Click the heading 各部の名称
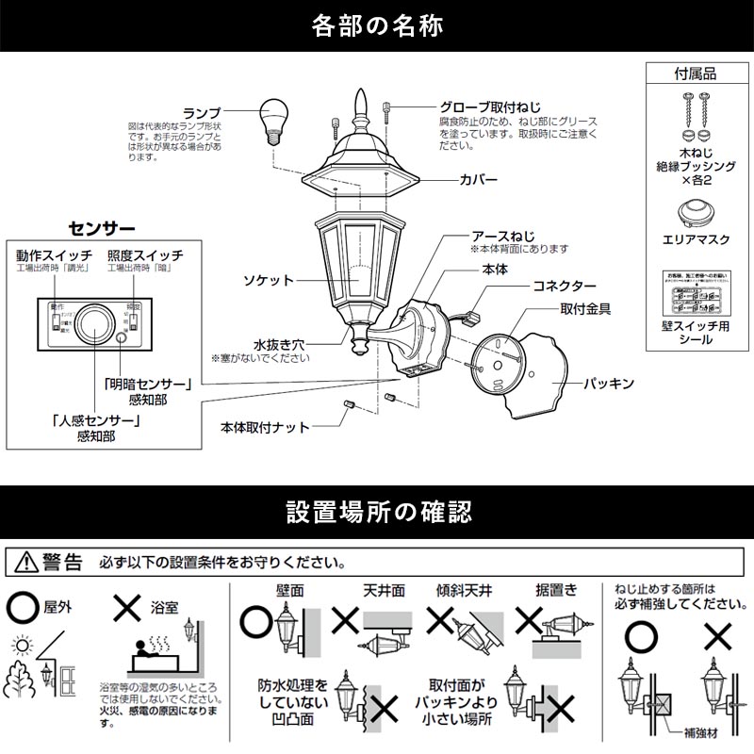point(377,25)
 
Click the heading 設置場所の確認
point(377,512)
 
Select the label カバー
point(479,178)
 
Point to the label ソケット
point(268,281)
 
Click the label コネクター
point(565,286)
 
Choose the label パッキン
point(607,384)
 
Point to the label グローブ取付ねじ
point(490,107)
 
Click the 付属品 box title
point(697,73)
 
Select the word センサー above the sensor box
point(103,228)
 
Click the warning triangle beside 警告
point(24,564)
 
